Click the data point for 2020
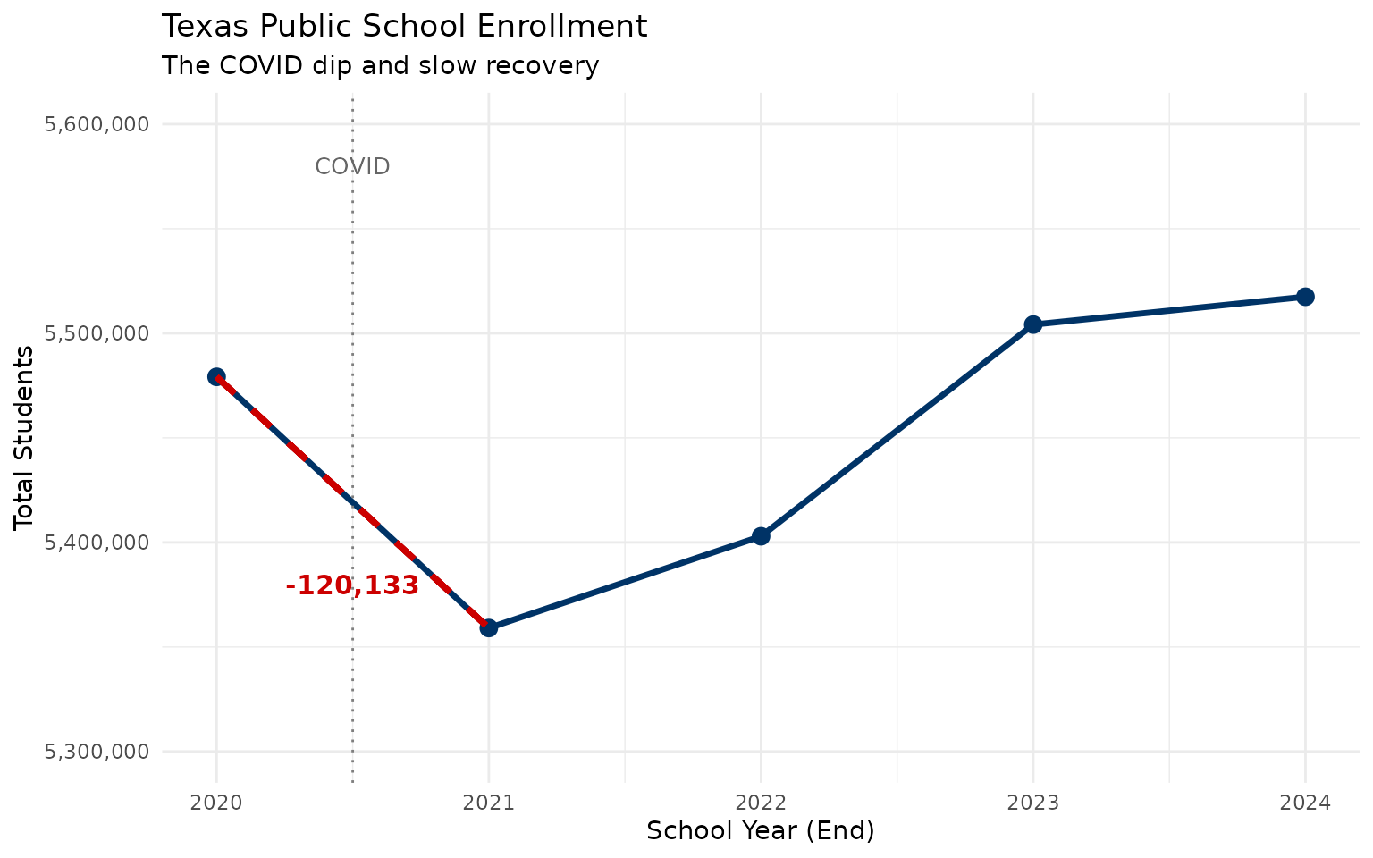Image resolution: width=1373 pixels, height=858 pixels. click(x=216, y=377)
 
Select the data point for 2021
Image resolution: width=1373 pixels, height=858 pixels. click(x=488, y=628)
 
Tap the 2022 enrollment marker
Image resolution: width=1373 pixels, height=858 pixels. click(x=761, y=536)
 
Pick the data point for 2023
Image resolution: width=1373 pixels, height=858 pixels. click(x=1032, y=324)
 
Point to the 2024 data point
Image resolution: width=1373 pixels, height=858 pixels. click(x=1305, y=297)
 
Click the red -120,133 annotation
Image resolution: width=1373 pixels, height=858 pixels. click(x=352, y=586)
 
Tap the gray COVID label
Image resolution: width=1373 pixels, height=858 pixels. click(x=352, y=167)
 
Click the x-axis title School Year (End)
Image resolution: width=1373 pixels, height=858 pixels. click(x=760, y=831)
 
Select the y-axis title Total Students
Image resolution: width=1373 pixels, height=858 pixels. click(x=25, y=438)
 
